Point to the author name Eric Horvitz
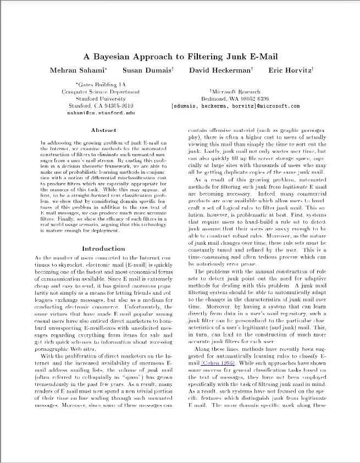click(x=289, y=70)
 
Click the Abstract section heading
click(x=103, y=130)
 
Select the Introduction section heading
click(x=103, y=249)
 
